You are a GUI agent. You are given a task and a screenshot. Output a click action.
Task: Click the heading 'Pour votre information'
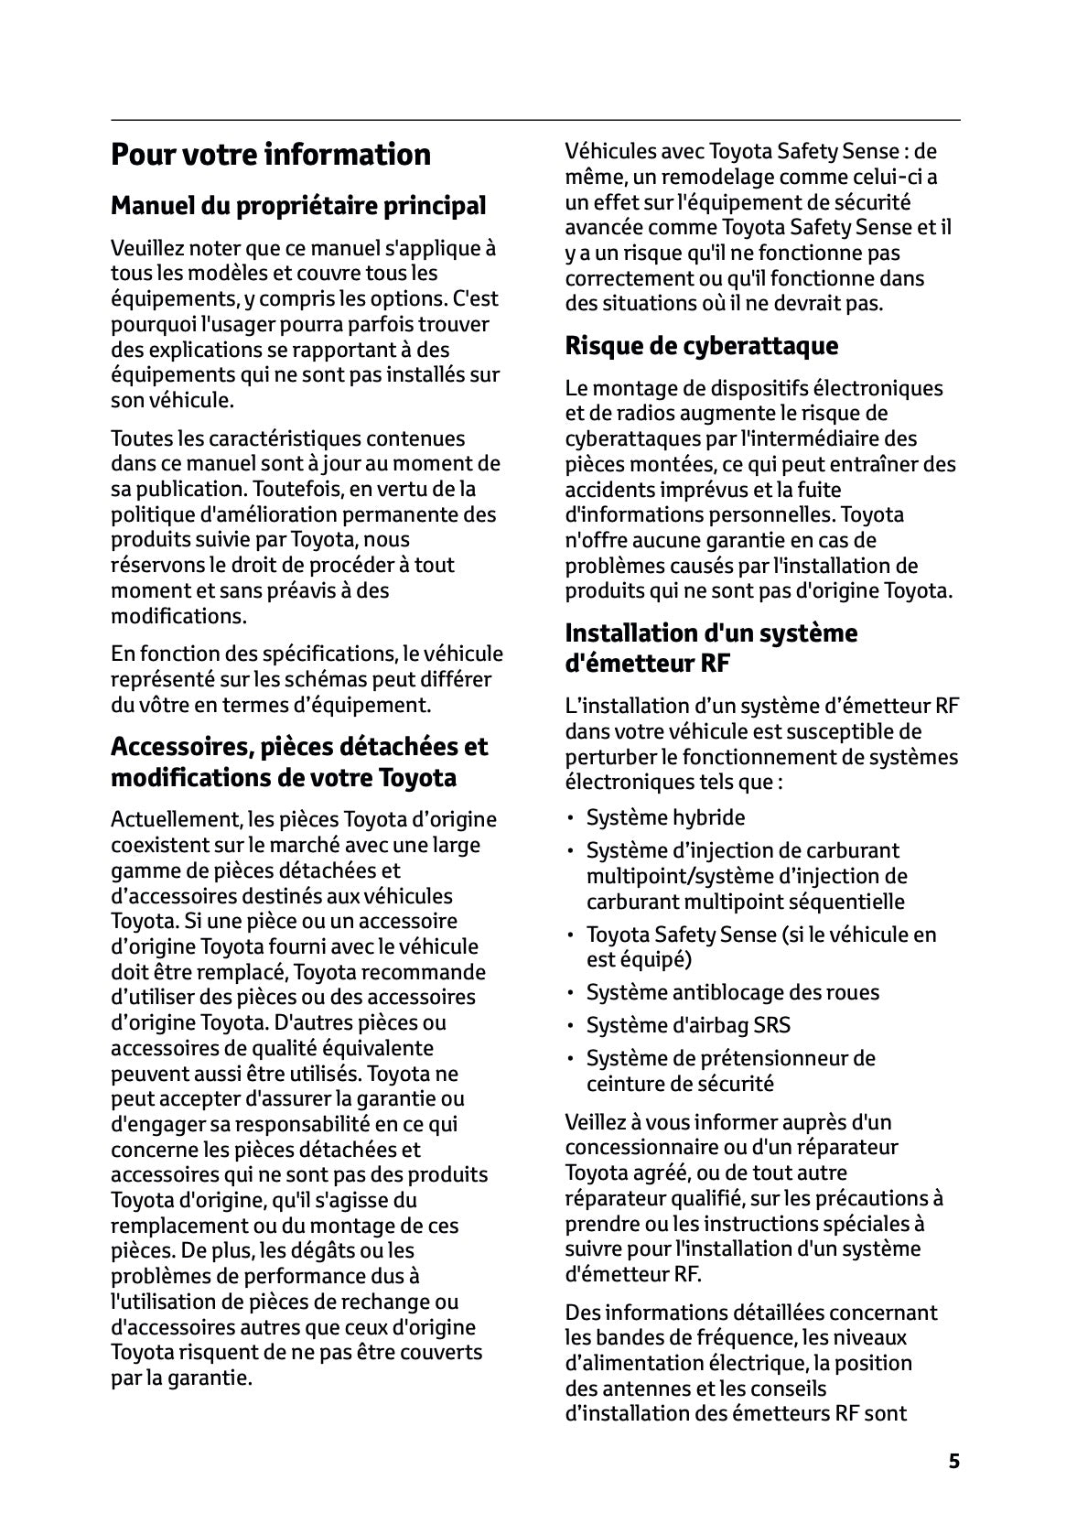(x=270, y=155)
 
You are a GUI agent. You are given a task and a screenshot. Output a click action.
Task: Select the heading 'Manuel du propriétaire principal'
(x=298, y=206)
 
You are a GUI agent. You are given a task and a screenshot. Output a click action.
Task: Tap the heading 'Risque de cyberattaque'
(x=701, y=346)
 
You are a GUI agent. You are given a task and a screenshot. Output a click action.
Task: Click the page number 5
(x=954, y=1461)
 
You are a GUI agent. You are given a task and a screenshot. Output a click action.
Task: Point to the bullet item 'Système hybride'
(x=665, y=817)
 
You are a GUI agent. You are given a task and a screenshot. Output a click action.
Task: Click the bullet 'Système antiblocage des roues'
(x=732, y=992)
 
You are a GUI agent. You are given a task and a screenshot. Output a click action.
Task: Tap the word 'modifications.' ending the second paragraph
(x=178, y=616)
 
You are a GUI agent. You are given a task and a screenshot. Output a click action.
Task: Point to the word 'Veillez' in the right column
(x=598, y=1121)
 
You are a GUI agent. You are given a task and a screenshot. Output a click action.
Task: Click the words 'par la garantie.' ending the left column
(x=181, y=1378)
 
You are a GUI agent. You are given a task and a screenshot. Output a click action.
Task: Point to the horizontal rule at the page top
(x=535, y=120)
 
